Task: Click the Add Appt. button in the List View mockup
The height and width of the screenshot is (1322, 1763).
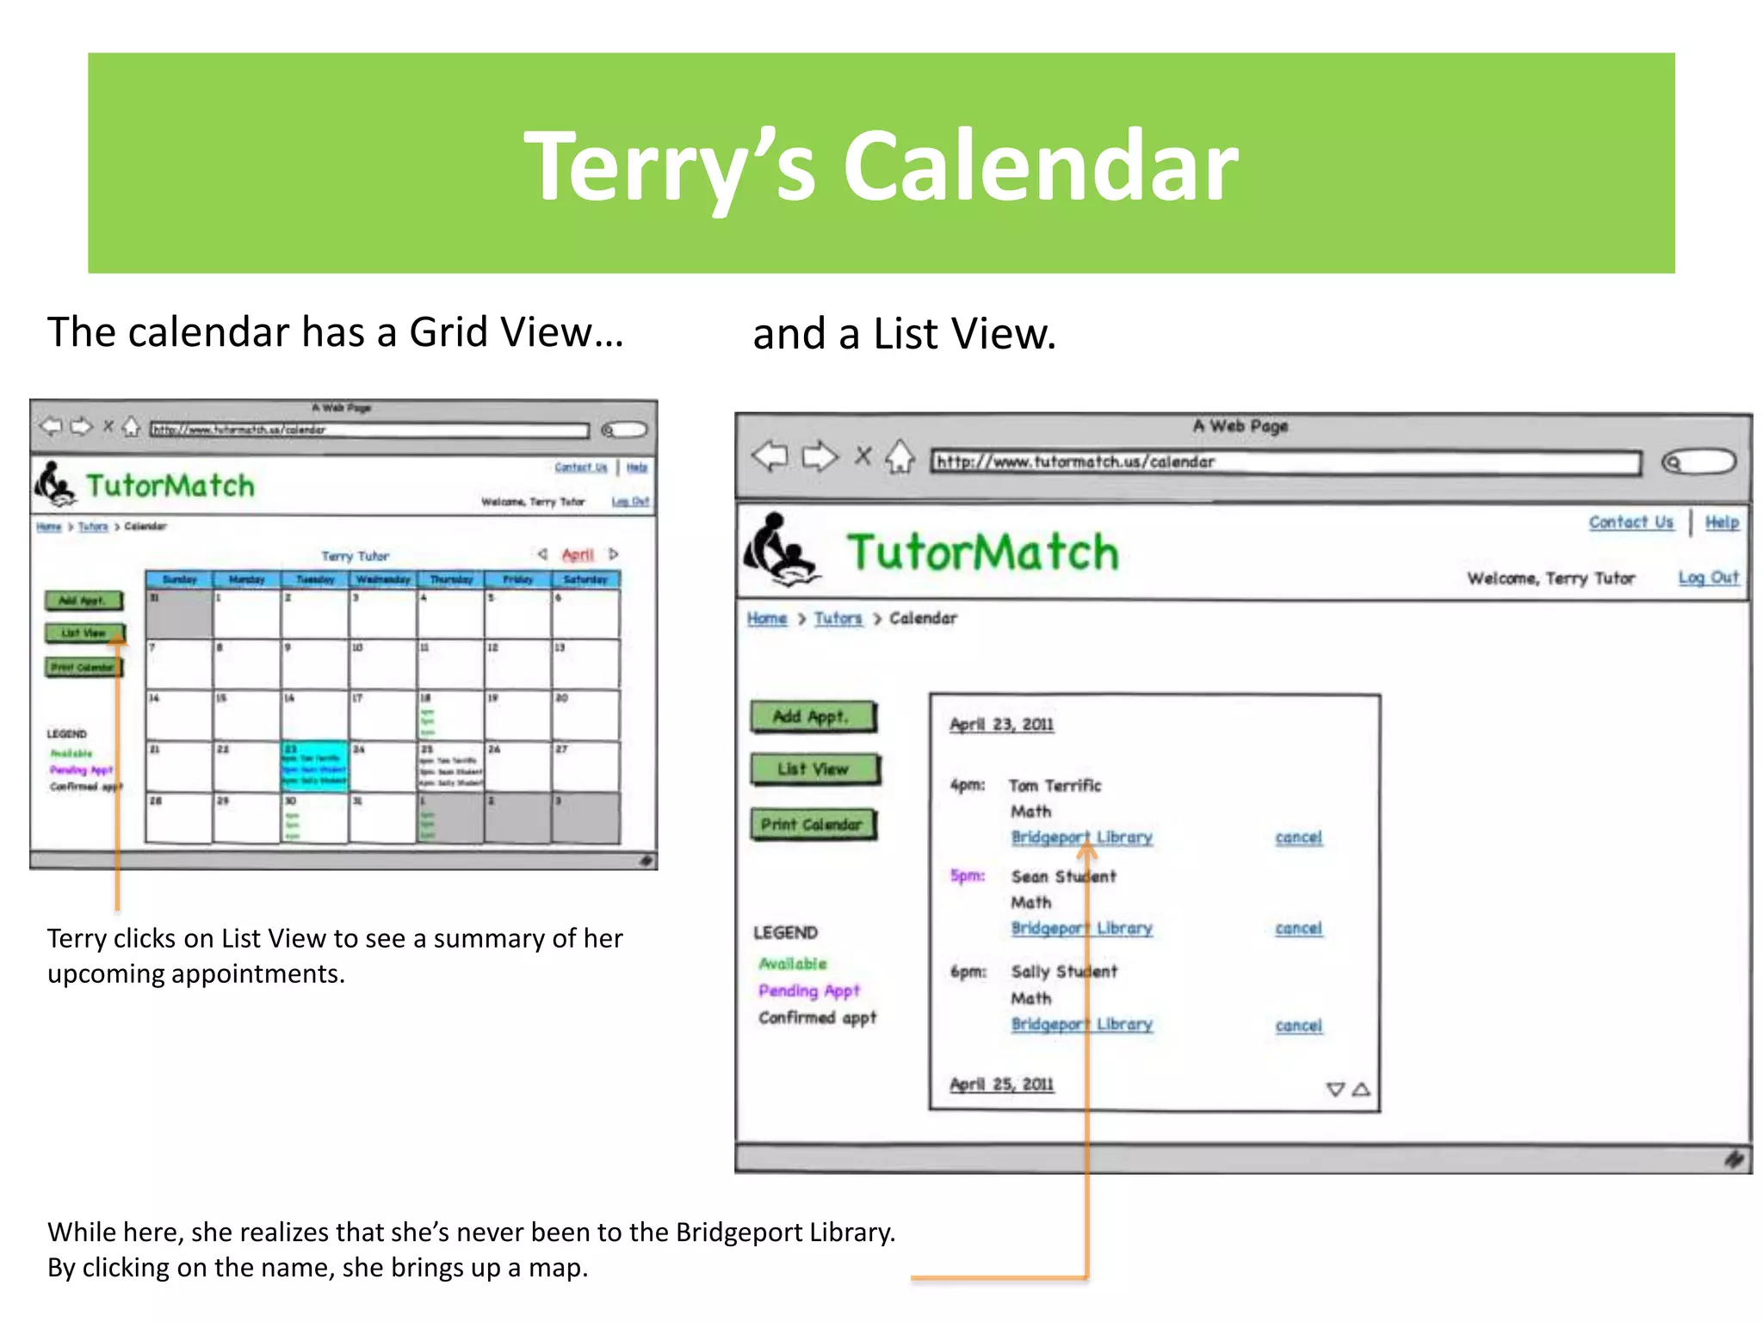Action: click(813, 716)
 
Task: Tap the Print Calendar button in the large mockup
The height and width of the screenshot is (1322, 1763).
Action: click(813, 825)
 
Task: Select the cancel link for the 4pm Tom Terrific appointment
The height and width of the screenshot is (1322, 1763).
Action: click(1298, 837)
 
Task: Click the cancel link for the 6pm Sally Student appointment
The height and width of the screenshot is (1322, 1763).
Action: click(1298, 1025)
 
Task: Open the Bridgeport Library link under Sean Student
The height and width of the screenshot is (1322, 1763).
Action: click(1081, 929)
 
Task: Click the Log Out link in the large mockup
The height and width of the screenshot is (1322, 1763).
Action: click(1708, 578)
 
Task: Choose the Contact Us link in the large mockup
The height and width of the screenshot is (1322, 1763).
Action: click(1630, 522)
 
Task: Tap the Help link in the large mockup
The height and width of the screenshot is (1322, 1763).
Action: click(1722, 522)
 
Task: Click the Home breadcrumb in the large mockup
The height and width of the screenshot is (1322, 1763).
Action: click(766, 619)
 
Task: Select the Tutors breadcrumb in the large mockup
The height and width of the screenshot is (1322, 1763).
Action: click(838, 619)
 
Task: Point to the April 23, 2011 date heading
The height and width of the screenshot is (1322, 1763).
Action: click(1001, 725)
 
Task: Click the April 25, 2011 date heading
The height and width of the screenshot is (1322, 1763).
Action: click(1001, 1084)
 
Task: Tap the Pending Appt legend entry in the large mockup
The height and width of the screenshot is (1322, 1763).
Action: click(808, 991)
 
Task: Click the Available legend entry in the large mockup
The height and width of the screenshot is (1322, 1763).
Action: click(792, 964)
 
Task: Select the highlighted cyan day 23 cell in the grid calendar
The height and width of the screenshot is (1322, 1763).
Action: click(315, 766)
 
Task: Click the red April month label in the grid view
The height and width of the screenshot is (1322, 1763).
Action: click(578, 555)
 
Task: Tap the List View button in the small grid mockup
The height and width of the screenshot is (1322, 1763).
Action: click(84, 633)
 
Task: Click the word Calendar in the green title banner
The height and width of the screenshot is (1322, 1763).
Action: click(1040, 166)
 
